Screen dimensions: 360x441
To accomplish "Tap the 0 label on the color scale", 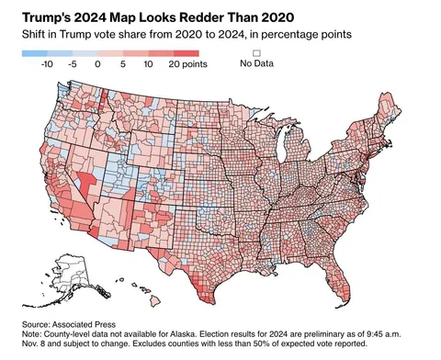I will pos(98,66).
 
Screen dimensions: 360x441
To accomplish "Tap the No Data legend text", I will pos(257,64).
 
